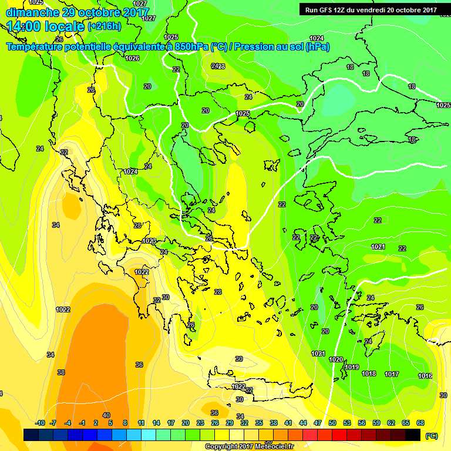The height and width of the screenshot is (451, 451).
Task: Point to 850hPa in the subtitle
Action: point(191,47)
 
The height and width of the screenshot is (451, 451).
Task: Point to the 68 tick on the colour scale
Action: point(420,423)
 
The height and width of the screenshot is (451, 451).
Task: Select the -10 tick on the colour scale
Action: point(40,423)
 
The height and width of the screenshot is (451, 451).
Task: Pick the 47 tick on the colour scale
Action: point(318,423)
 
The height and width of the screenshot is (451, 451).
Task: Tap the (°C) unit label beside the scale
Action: point(432,436)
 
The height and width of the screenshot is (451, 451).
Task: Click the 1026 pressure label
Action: point(133,58)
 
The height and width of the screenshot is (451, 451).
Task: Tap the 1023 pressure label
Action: point(149,241)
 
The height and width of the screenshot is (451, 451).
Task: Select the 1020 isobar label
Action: point(336,359)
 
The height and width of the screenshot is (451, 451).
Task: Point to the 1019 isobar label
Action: point(352,368)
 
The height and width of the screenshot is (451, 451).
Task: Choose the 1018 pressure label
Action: point(369,374)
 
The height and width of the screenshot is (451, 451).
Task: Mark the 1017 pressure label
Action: point(392,374)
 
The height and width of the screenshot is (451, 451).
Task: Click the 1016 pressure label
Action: point(425,376)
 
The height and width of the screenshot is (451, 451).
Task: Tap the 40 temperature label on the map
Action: point(106,416)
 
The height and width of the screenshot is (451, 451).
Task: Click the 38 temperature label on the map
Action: point(61,372)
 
